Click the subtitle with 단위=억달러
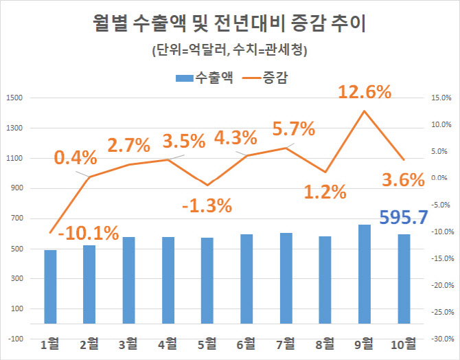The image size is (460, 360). [x=230, y=50]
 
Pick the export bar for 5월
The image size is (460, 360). [x=207, y=280]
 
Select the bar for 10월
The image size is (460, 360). [x=403, y=278]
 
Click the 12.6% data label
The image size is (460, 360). [x=365, y=91]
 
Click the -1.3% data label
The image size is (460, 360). [x=207, y=205]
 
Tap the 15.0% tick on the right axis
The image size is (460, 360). [x=441, y=98]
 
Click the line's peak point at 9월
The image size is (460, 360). [x=364, y=111]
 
